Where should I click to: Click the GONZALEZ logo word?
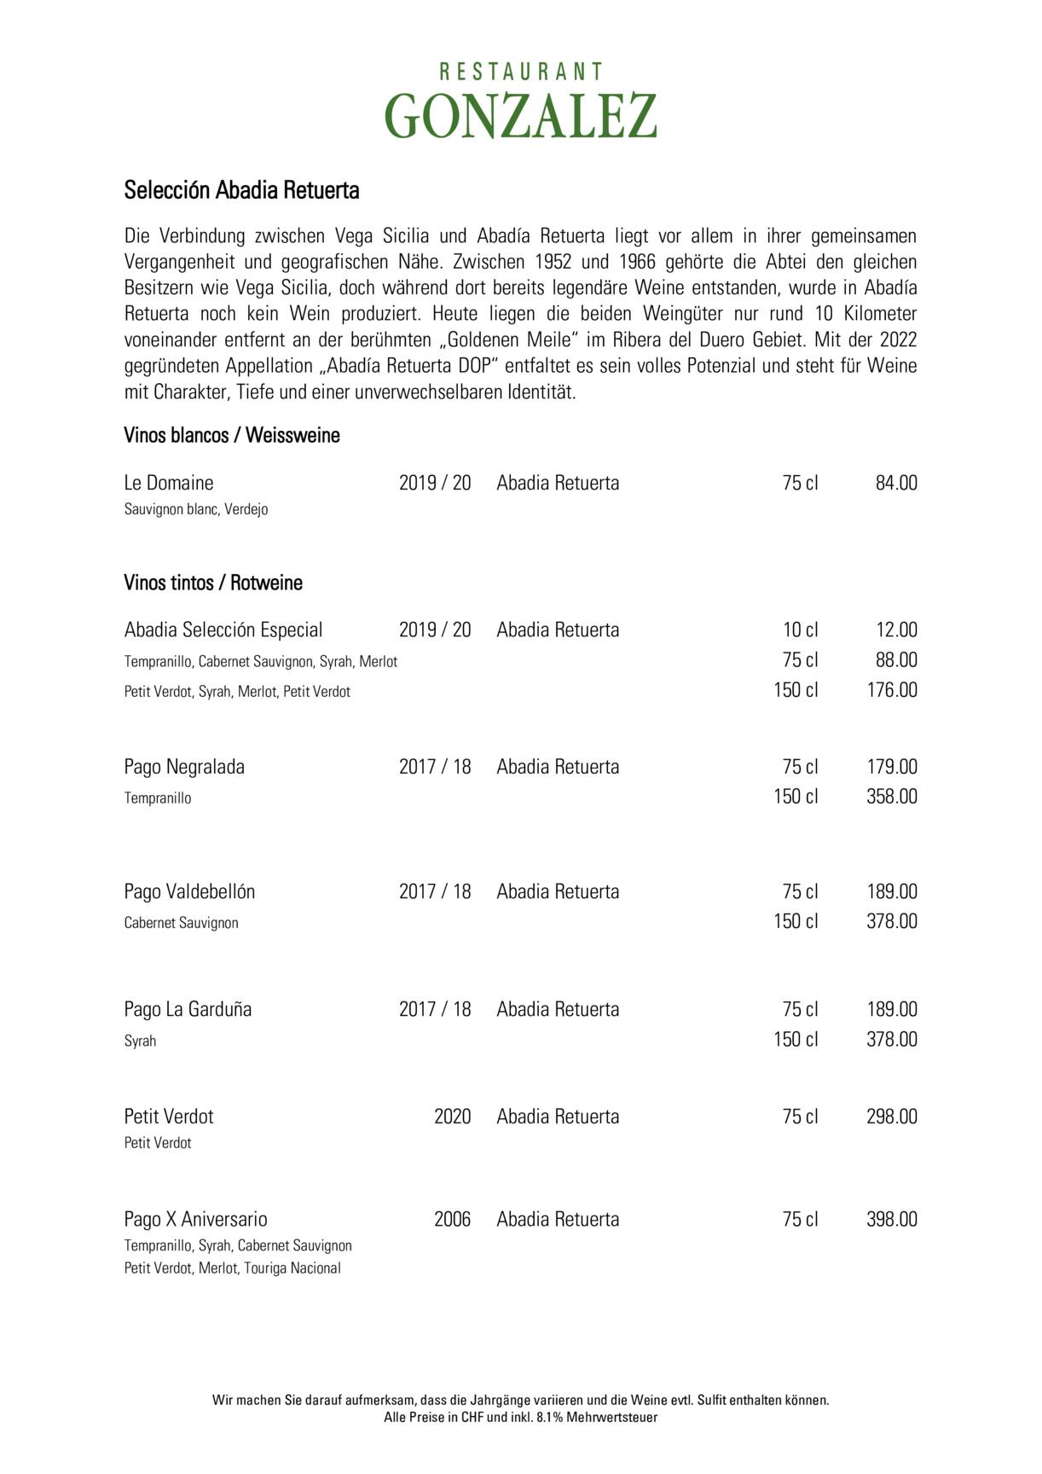point(520,116)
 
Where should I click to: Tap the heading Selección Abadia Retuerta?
point(241,190)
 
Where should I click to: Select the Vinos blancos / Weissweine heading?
point(232,436)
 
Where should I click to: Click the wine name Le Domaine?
point(169,483)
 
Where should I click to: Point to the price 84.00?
point(896,483)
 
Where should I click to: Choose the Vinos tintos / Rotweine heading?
point(213,583)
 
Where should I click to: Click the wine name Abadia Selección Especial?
point(223,630)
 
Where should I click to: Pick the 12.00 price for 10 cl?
point(896,630)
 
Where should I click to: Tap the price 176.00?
point(892,690)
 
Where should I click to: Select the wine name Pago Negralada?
point(184,767)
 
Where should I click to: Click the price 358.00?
point(892,797)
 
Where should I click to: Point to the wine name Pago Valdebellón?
point(189,891)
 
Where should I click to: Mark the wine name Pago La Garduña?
point(188,1009)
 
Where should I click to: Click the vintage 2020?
point(452,1117)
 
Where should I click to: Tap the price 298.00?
point(892,1117)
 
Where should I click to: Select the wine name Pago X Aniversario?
point(195,1219)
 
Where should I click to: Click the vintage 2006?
point(452,1219)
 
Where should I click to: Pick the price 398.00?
point(892,1219)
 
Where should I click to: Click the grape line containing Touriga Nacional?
point(232,1268)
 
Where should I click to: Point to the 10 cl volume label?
point(800,630)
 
